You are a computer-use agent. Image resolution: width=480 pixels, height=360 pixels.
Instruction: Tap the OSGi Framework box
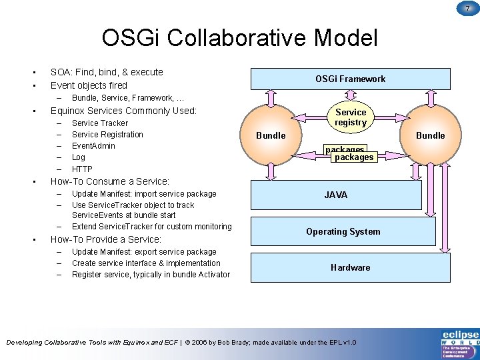click(350, 79)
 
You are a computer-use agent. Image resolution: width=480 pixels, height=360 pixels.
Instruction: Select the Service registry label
click(351, 117)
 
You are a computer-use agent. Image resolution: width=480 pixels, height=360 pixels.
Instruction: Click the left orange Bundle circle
click(271, 135)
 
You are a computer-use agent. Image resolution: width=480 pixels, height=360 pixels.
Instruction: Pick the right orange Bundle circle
click(430, 135)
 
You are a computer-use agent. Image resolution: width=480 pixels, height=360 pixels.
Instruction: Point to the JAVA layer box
click(335, 195)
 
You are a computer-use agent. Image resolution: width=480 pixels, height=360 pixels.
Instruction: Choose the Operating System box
click(343, 231)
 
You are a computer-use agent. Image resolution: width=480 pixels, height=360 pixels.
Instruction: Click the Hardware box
click(350, 267)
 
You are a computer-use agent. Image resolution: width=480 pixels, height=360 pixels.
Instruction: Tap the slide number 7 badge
click(467, 7)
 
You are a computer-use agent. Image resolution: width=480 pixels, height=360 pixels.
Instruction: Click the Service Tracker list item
click(100, 123)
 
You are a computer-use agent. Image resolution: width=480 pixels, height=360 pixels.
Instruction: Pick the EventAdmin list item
click(93, 146)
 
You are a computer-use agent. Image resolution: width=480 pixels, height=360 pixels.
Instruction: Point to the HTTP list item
click(82, 169)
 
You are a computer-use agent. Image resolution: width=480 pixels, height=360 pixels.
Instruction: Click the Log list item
click(79, 157)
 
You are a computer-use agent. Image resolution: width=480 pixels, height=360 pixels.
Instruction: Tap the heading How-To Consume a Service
click(110, 181)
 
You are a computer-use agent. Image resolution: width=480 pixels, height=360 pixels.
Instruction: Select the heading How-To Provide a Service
click(106, 239)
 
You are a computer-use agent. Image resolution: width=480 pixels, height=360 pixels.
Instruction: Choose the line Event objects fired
click(89, 85)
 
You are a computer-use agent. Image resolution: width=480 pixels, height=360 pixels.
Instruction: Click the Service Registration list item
click(107, 135)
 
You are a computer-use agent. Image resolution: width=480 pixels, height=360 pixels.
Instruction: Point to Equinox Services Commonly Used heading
click(123, 111)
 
